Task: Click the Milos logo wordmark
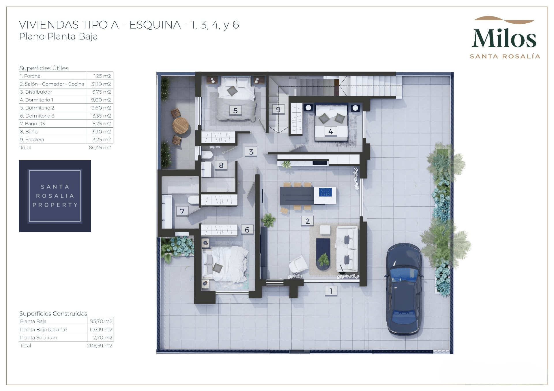504,38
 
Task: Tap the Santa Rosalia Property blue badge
55,196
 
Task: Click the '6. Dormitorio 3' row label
37,116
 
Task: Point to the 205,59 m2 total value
100,345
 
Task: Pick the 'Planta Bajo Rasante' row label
44,330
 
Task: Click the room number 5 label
235,110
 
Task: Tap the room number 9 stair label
278,109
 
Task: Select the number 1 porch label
331,291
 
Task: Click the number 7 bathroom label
182,211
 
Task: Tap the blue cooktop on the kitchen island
325,192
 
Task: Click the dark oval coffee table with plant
323,254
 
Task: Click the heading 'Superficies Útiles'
44,68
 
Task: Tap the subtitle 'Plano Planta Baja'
58,37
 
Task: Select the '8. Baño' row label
29,132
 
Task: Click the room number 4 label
330,131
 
